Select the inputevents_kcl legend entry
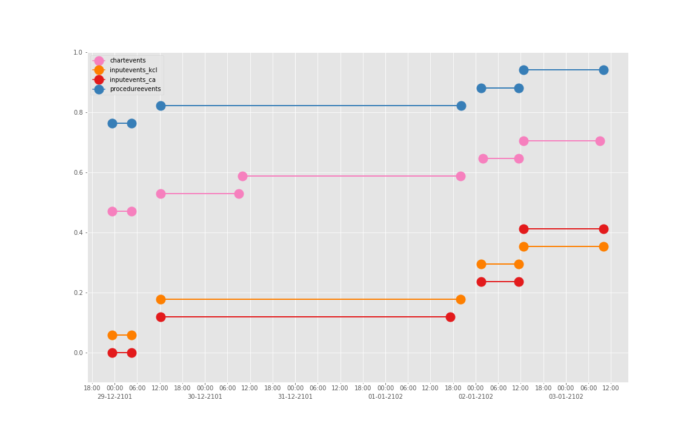[x=133, y=70]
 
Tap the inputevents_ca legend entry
[x=132, y=80]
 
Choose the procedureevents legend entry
[x=135, y=89]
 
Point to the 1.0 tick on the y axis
[x=78, y=53]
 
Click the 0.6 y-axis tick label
[x=78, y=173]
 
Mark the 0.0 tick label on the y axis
[x=78, y=353]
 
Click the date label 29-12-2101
[x=115, y=397]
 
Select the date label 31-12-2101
[x=295, y=397]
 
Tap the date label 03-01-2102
[x=566, y=397]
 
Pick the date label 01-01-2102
[x=385, y=397]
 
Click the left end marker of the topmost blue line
[x=523, y=70]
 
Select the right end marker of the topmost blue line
[x=603, y=70]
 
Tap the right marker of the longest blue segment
[x=461, y=106]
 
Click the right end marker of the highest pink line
[x=600, y=141]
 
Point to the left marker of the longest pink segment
[x=242, y=176]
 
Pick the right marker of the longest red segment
[x=450, y=317]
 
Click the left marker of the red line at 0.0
[x=112, y=353]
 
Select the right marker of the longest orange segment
[x=460, y=299]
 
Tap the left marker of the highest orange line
[x=523, y=246]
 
